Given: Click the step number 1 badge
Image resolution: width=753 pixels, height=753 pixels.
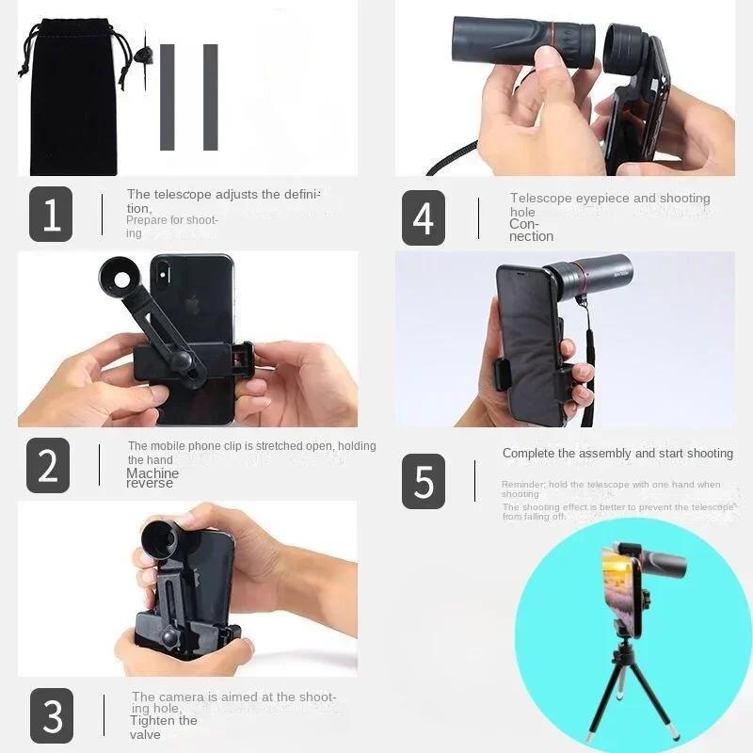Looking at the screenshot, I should click(x=51, y=214).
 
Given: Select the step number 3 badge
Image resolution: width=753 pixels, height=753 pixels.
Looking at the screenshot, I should click(x=52, y=715).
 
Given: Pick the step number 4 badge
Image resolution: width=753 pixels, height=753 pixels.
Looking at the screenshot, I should click(x=424, y=217).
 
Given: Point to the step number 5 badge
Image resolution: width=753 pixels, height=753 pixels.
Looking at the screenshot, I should click(x=424, y=481).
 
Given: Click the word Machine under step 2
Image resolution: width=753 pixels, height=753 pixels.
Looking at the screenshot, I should click(x=152, y=473).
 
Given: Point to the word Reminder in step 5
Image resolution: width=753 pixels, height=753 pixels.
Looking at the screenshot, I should click(x=521, y=485).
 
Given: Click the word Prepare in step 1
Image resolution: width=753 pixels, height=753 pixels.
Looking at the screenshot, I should click(x=146, y=220).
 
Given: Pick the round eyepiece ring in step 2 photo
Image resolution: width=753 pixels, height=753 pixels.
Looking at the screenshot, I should click(x=124, y=280).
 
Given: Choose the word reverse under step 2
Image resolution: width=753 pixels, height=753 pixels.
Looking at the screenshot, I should click(x=150, y=484).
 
